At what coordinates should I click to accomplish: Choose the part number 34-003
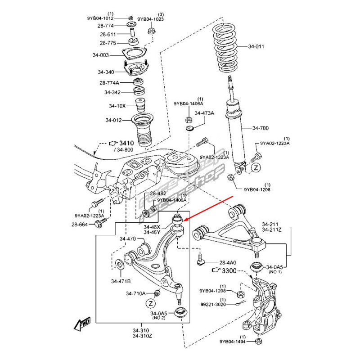coord(101,55)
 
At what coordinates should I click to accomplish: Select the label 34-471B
coord(121,281)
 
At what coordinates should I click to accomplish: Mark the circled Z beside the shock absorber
coord(256,168)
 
